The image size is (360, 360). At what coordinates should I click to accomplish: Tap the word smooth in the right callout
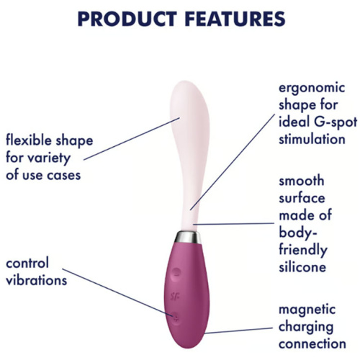coord(301,181)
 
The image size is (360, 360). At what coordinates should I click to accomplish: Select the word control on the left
coord(28,262)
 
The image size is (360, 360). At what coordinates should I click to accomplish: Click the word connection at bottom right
coord(312,345)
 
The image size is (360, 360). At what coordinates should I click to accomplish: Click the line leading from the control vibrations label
coord(122,294)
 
